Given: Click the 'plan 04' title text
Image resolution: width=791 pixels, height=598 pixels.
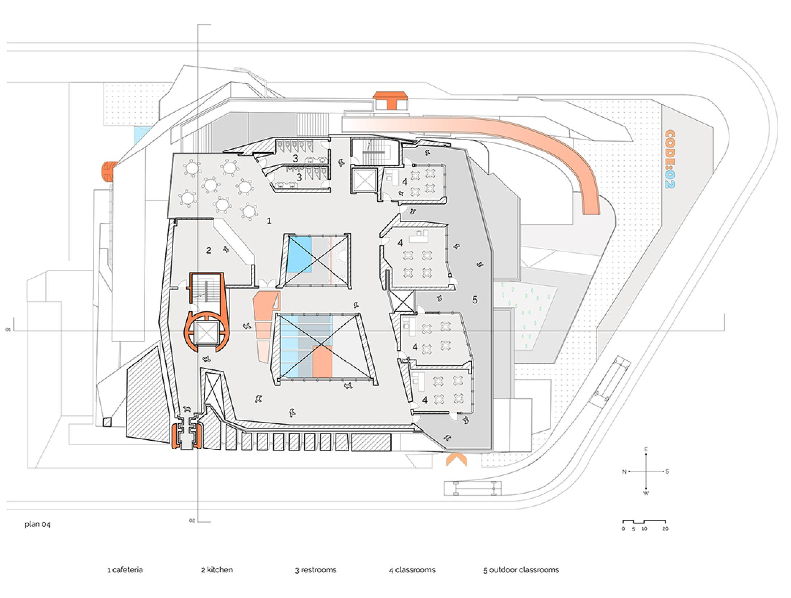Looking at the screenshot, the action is click(37, 524).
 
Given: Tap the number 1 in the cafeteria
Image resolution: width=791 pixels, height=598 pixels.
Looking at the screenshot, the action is click(269, 220).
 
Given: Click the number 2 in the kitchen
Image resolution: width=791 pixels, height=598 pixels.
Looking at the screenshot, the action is click(209, 250).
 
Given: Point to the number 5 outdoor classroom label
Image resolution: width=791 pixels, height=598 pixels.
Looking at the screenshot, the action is click(475, 300).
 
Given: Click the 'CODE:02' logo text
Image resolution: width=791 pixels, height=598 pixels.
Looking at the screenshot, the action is click(670, 159).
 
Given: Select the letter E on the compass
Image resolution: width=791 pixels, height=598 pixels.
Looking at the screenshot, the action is click(646, 449).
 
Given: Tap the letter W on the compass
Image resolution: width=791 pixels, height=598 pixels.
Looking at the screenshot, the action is click(646, 493).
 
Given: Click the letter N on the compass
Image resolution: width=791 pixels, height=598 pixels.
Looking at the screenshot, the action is click(624, 472).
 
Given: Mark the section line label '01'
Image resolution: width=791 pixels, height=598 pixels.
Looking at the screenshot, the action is click(8, 330).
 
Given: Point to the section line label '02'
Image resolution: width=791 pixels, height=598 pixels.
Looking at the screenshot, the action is click(192, 521).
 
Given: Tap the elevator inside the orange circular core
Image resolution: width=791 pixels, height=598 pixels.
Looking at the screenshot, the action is click(205, 332).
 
